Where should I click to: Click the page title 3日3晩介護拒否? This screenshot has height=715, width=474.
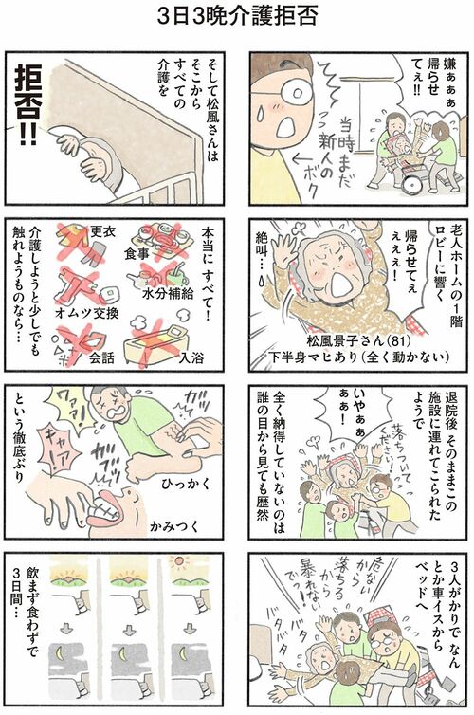coord(238,17)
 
